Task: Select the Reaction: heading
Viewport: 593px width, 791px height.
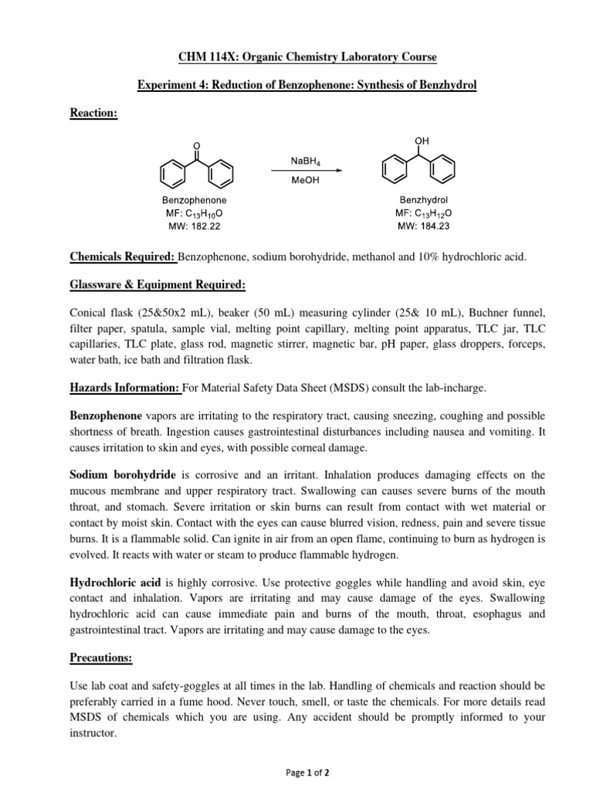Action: click(x=93, y=113)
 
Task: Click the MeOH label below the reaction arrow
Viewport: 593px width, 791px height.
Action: click(x=306, y=182)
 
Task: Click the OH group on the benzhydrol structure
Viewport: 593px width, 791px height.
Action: click(x=421, y=141)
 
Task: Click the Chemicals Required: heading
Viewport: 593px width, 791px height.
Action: click(x=122, y=256)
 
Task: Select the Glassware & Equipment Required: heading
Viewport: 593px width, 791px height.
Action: click(x=158, y=285)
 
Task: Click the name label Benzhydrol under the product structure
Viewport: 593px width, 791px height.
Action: click(x=420, y=199)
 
